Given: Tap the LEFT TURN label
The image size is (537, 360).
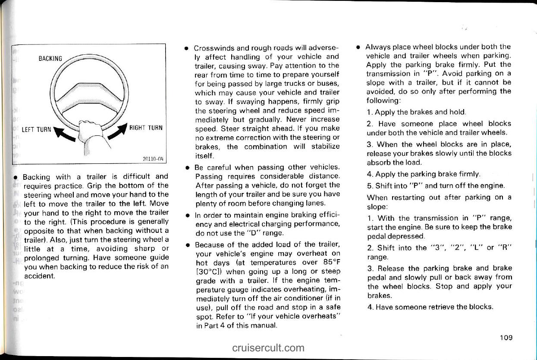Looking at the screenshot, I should pyautogui.click(x=37, y=129).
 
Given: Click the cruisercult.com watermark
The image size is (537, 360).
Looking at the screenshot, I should pyautogui.click(x=268, y=347).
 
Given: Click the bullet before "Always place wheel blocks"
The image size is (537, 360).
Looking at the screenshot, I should pyautogui.click(x=358, y=47).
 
